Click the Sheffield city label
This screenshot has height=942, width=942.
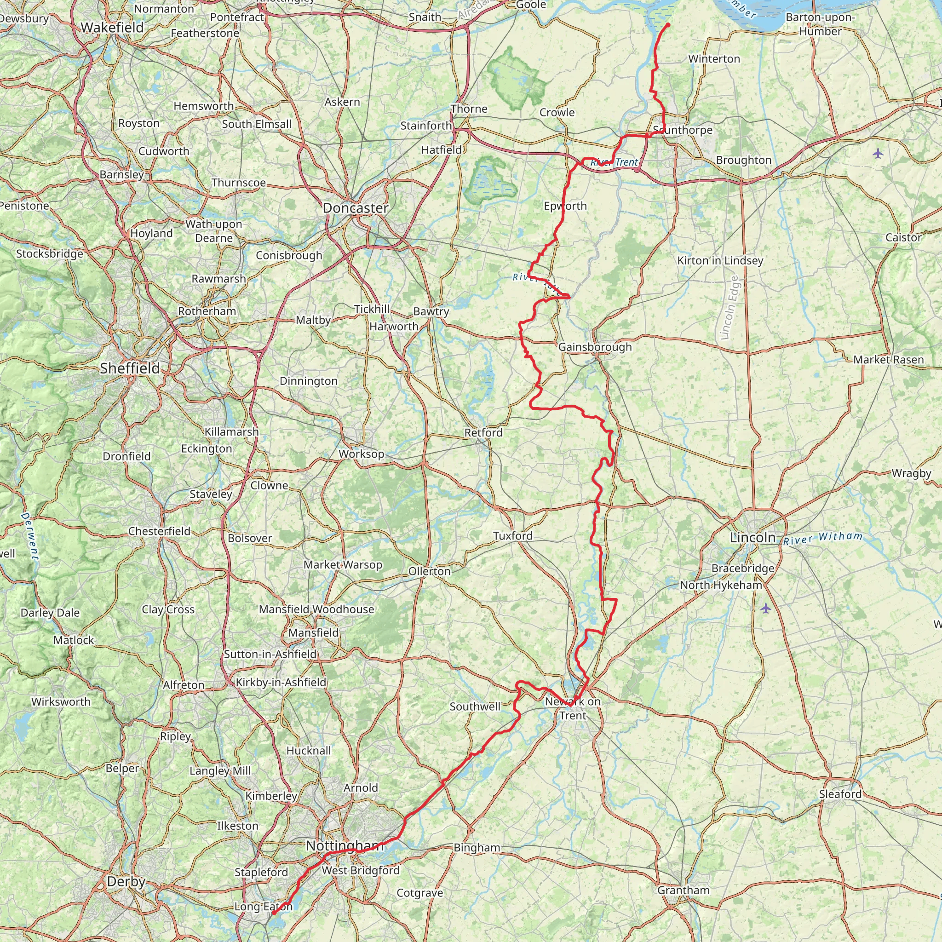[x=130, y=368]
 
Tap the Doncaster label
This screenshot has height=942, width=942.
[x=356, y=208]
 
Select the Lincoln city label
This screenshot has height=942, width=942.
[x=752, y=538]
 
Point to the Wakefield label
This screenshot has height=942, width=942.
[x=112, y=28]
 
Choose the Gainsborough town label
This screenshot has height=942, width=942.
[x=595, y=347]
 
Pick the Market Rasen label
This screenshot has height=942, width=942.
[x=888, y=360]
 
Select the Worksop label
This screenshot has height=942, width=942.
[x=361, y=454]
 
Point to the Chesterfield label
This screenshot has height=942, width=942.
[x=160, y=531]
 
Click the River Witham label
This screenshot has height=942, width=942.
[x=823, y=538]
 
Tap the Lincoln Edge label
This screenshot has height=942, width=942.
[x=729, y=308]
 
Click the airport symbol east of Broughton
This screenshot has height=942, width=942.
[x=878, y=154]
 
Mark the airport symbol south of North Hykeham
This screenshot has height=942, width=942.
[x=765, y=608]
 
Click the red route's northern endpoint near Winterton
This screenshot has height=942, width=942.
[x=667, y=24]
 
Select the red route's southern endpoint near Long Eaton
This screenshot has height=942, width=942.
[x=273, y=913]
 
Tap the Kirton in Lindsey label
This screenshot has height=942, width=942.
[x=720, y=261]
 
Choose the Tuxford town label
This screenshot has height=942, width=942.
[x=512, y=536]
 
